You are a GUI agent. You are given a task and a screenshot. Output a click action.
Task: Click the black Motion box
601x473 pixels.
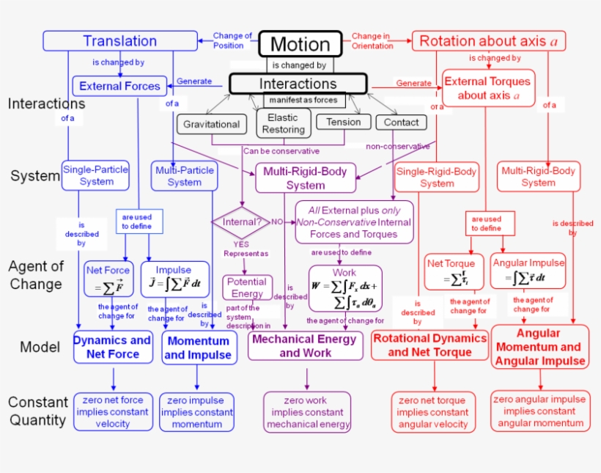300,43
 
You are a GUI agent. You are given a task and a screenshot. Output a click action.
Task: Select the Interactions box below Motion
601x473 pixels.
298,84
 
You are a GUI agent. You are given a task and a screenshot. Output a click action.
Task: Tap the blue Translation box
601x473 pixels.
119,41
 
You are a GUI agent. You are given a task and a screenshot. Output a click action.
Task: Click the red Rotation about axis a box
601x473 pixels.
488,41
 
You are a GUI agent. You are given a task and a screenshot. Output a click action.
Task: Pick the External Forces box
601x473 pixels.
119,86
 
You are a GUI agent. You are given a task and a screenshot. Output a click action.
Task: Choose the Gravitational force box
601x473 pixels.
211,124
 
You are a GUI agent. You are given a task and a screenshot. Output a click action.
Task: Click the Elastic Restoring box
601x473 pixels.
283,123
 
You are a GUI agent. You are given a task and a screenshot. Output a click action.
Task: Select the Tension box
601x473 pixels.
343,122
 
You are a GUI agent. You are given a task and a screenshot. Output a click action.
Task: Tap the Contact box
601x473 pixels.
401,122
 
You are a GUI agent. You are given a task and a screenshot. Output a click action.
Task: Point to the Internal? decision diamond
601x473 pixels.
241,221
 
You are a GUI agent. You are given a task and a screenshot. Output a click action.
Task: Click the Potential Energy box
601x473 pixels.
247,287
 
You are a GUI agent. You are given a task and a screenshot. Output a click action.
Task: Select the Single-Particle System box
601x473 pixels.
96,175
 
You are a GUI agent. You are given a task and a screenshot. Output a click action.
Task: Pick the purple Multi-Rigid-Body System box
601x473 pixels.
306,178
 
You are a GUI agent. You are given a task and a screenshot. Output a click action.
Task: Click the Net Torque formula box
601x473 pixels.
450,271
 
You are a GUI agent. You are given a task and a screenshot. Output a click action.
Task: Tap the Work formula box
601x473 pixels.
344,288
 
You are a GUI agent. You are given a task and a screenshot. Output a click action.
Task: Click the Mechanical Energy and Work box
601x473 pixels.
305,345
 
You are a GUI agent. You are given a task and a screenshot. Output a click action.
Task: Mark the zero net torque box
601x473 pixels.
431,412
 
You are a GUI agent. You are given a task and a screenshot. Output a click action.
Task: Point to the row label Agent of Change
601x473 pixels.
36,275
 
